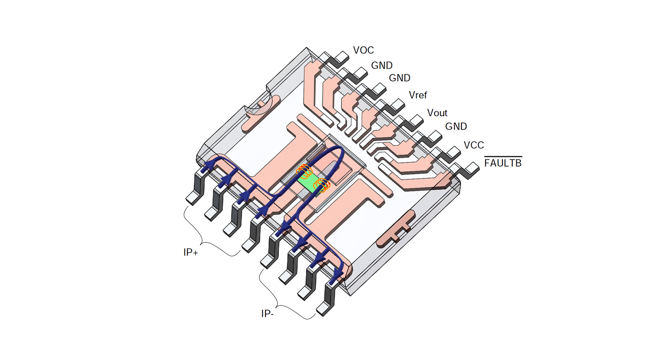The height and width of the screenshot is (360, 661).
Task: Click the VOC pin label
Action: [363, 50]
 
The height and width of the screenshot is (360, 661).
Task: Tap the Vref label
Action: [418, 95]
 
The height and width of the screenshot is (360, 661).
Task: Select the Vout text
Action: [437, 113]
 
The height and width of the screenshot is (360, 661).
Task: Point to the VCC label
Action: [473, 145]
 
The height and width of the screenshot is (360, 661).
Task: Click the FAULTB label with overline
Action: [502, 163]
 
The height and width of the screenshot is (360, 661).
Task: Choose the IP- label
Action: [267, 314]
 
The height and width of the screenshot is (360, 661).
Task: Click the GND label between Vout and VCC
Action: [456, 127]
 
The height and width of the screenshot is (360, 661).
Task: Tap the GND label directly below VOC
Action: [381, 65]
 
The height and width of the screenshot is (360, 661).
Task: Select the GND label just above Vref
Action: [399, 78]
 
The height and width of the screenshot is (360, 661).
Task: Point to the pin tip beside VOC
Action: [342, 58]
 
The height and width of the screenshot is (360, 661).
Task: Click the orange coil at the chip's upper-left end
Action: [304, 171]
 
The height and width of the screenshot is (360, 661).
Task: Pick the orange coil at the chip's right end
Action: [322, 185]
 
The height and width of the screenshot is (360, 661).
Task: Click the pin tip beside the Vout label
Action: [416, 120]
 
